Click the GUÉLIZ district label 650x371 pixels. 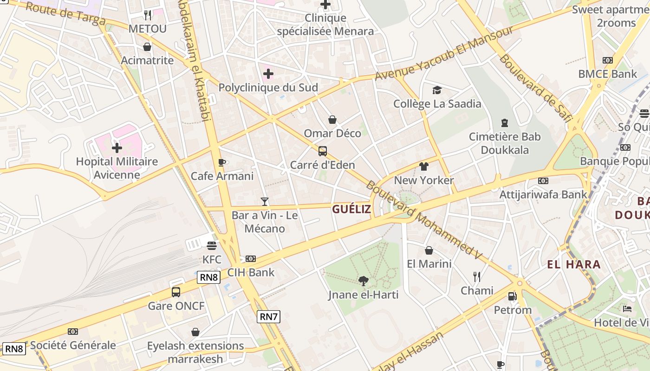[351, 209]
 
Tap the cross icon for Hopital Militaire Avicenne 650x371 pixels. [117, 148]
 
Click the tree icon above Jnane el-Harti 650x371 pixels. [364, 281]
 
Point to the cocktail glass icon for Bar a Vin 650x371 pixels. [265, 201]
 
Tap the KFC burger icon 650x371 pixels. [212, 245]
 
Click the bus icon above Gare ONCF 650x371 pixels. [176, 292]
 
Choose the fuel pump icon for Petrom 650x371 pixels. [513, 296]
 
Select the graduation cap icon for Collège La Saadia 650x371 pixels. [437, 90]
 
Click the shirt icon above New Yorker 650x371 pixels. [423, 166]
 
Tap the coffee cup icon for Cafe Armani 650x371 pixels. [222, 162]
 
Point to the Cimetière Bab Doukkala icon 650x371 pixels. [505, 123]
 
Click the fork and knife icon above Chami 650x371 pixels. [477, 277]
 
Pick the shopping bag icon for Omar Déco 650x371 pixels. [332, 120]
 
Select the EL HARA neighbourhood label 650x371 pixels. [574, 265]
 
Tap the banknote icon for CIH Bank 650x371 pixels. [251, 259]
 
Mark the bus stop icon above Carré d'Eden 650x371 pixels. [322, 151]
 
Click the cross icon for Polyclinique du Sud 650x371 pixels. [268, 74]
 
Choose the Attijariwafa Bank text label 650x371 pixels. [543, 194]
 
